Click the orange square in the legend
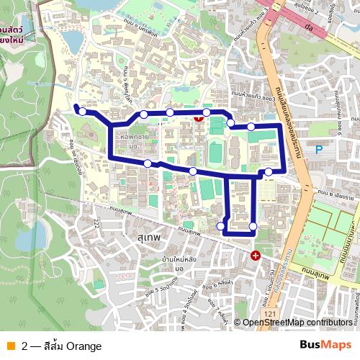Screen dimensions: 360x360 10,346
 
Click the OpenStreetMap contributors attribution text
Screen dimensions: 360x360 298,323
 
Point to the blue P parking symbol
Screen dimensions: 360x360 319,150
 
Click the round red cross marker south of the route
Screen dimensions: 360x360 256,256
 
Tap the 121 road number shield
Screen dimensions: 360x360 269,315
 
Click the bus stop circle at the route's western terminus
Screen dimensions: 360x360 83,112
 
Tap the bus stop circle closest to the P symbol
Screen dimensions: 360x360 269,171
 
